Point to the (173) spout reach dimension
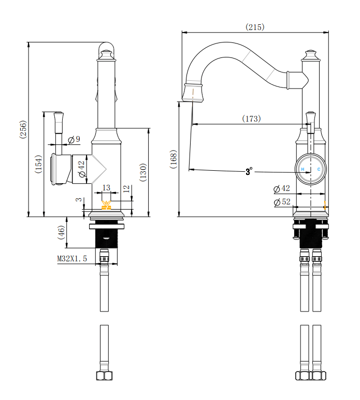(x=251, y=119)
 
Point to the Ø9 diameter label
(x=74, y=139)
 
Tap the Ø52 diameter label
(x=282, y=202)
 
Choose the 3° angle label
(x=249, y=171)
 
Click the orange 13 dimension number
(x=106, y=188)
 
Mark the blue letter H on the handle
(x=303, y=169)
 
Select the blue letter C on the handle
(x=319, y=169)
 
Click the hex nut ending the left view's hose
(x=105, y=375)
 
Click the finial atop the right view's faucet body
(x=310, y=54)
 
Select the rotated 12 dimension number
(x=126, y=190)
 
